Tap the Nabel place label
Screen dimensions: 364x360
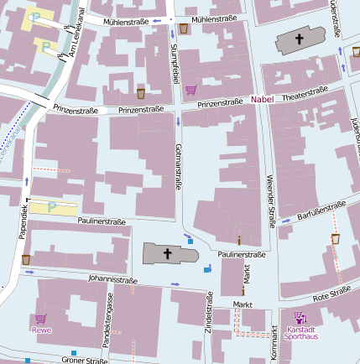pos(262,101)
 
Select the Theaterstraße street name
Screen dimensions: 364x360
pos(305,95)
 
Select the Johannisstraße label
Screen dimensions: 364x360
pos(112,279)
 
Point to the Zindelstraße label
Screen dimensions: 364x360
pos(209,320)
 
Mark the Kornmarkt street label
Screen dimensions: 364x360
pos(274,344)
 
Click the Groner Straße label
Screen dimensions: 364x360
pos(84,361)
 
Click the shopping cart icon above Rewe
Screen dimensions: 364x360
pos(40,319)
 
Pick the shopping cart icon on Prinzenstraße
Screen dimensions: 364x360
pos(191,89)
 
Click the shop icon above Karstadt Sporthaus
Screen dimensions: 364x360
pos(300,317)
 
